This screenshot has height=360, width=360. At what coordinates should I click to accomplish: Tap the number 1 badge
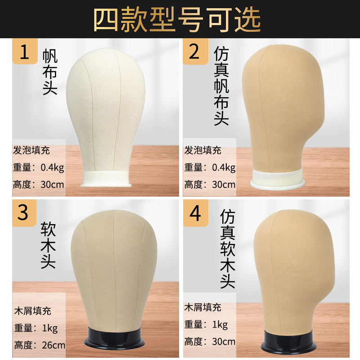(25, 52)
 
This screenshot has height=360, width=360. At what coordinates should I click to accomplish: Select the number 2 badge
(194, 52)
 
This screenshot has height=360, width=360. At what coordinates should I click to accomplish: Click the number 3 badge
(23, 212)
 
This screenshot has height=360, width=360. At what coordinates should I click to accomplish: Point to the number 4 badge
(195, 212)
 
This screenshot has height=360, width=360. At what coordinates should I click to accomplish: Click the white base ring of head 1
(107, 178)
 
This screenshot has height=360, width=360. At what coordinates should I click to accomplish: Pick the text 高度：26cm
(39, 346)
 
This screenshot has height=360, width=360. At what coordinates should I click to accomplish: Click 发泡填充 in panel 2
(203, 151)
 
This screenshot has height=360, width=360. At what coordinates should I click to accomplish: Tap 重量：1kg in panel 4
(206, 324)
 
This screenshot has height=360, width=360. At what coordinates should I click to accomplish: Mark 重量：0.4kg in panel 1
(40, 167)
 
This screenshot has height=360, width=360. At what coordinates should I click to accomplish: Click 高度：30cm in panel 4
(210, 342)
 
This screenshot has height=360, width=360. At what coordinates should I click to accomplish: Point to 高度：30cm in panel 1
(39, 184)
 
